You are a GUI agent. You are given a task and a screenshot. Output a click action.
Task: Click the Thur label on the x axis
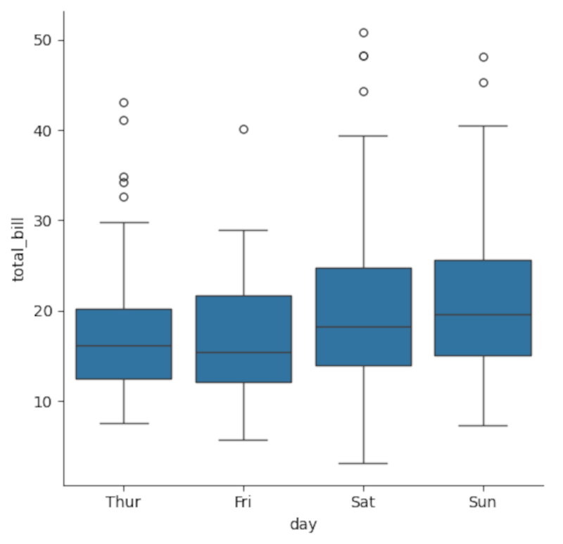point(123,502)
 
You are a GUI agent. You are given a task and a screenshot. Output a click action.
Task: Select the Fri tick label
point(243,502)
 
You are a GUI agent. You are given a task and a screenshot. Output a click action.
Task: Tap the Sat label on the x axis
point(363,502)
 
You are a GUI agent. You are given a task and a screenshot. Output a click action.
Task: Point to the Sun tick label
point(483,502)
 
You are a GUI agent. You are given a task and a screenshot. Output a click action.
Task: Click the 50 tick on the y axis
point(44,40)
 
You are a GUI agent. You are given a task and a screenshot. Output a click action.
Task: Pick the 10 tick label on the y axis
point(44,401)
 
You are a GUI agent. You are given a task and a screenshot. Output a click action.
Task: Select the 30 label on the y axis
point(44,221)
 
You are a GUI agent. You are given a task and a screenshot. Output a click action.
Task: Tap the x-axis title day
point(303,524)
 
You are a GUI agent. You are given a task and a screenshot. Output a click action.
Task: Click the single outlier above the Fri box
point(243,129)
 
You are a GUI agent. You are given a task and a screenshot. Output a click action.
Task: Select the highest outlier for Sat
point(363,33)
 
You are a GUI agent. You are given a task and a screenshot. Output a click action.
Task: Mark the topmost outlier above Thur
point(124,103)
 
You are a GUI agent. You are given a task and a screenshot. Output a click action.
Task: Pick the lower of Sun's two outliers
point(483,82)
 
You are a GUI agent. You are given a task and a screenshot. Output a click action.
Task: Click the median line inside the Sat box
point(363,327)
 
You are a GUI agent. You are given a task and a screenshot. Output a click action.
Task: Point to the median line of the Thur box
point(124,346)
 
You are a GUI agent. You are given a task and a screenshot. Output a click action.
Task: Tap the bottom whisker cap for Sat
point(363,463)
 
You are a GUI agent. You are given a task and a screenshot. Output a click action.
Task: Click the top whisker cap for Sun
point(483,126)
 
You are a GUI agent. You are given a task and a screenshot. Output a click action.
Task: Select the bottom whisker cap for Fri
point(243,440)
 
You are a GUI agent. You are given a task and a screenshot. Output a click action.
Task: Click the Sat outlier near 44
point(363,91)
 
